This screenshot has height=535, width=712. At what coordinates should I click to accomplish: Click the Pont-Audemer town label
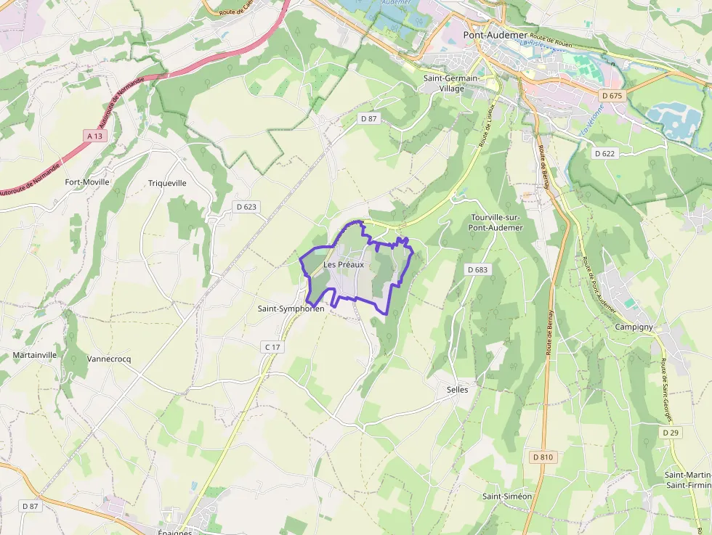(493, 34)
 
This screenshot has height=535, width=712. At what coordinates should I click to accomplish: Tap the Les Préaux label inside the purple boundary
(343, 265)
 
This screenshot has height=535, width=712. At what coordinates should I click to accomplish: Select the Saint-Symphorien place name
(291, 309)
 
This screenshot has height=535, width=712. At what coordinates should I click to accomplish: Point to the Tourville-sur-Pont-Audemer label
(497, 222)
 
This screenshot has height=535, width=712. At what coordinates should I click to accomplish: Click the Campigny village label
(634, 327)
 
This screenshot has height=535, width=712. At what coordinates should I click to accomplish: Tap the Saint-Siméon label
(507, 497)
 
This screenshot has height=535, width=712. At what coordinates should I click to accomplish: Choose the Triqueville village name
(167, 183)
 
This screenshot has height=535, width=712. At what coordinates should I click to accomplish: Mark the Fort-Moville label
(87, 182)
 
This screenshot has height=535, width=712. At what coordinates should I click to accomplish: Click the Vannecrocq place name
(109, 359)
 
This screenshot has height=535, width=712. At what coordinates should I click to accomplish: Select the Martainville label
(35, 355)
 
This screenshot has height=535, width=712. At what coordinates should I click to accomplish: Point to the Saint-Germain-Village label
(451, 83)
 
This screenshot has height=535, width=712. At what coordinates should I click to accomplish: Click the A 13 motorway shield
(94, 136)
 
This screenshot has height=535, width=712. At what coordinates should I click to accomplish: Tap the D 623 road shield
(247, 207)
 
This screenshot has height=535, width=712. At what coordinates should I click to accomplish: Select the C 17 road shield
(272, 348)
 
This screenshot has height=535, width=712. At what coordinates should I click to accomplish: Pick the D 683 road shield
(477, 269)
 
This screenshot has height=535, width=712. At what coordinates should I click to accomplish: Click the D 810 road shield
(542, 457)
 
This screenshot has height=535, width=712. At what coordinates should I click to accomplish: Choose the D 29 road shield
(670, 432)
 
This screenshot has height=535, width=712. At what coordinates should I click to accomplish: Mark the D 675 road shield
(612, 96)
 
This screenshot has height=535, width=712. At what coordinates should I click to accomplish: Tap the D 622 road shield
(604, 153)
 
